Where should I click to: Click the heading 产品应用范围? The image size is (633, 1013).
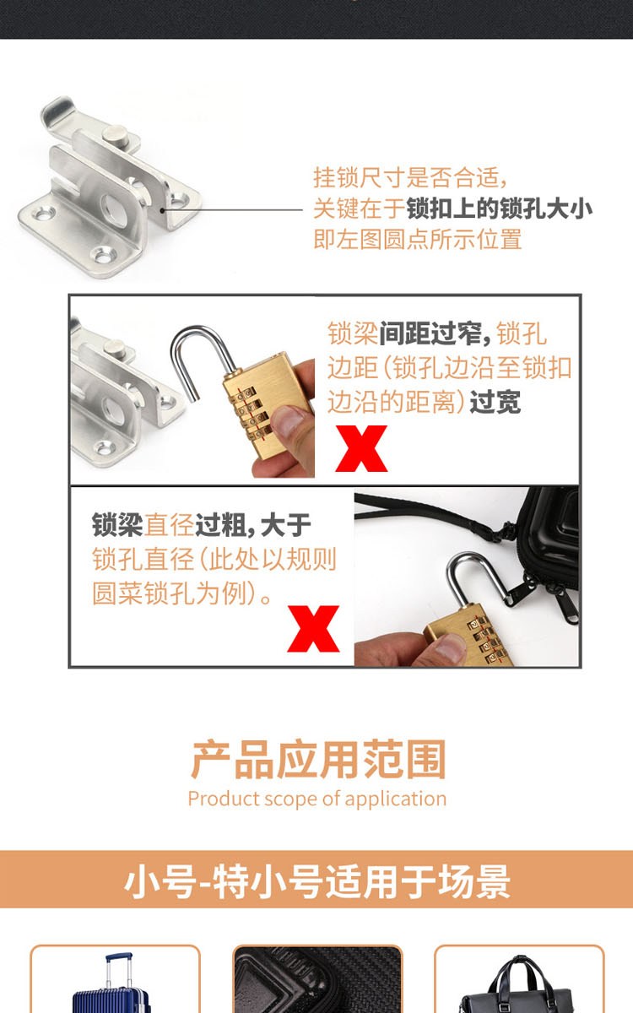318,759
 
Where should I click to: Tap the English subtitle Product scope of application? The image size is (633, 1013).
317,799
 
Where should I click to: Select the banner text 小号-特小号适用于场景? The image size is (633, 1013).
317,881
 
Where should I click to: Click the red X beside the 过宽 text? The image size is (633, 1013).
361,448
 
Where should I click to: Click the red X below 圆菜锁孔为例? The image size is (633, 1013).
313,629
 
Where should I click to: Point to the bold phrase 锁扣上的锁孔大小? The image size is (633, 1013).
499,209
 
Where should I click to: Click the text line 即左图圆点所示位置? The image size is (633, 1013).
418,239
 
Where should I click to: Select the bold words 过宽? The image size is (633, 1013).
495,402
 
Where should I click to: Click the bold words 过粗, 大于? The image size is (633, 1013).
253,525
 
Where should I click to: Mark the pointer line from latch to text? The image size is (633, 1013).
232,210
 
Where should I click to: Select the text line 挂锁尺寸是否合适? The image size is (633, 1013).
410,176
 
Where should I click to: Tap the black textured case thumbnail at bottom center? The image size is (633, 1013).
317,979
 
